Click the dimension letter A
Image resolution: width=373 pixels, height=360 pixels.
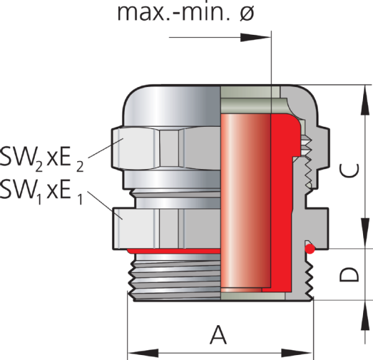(218, 336)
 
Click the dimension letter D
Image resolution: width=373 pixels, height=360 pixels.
(352, 274)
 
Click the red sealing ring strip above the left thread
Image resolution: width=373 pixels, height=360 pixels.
(174, 250)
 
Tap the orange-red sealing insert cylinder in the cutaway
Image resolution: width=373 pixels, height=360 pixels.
(246, 199)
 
